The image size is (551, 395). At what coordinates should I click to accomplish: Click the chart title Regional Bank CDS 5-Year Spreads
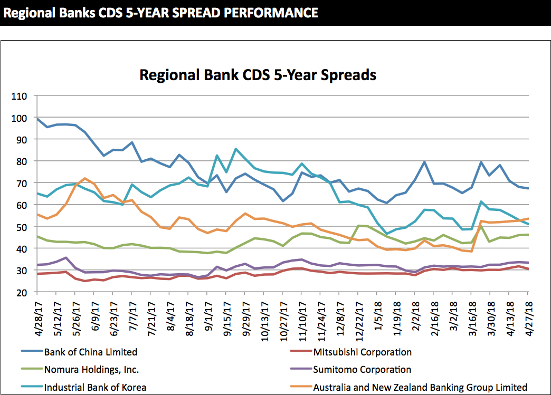click(x=258, y=75)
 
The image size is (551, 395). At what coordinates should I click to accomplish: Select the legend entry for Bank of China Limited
click(x=90, y=352)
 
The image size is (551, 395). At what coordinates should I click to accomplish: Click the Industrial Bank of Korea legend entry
click(x=95, y=387)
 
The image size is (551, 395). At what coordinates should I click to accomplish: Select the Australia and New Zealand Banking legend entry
click(x=420, y=387)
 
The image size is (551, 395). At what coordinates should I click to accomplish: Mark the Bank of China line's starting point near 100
click(x=37, y=119)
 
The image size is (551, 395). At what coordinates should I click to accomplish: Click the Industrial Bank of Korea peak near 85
click(x=236, y=149)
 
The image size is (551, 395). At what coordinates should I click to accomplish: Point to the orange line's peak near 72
click(x=85, y=178)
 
